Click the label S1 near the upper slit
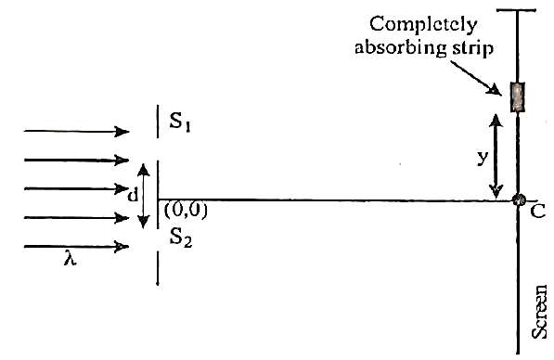click(x=180, y=122)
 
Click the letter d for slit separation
click(x=132, y=195)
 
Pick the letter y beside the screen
click(x=483, y=157)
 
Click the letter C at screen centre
click(x=537, y=212)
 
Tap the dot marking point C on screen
click(x=519, y=199)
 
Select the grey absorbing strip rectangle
click(x=518, y=97)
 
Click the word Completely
click(x=423, y=25)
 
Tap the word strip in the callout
click(x=471, y=48)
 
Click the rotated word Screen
click(x=539, y=312)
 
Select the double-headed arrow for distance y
click(x=496, y=156)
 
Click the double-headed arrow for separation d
click(x=143, y=196)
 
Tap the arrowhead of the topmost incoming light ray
click(x=122, y=132)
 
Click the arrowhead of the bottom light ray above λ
click(x=122, y=246)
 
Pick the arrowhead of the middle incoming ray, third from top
click(x=122, y=188)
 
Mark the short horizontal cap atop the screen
click(x=517, y=10)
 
